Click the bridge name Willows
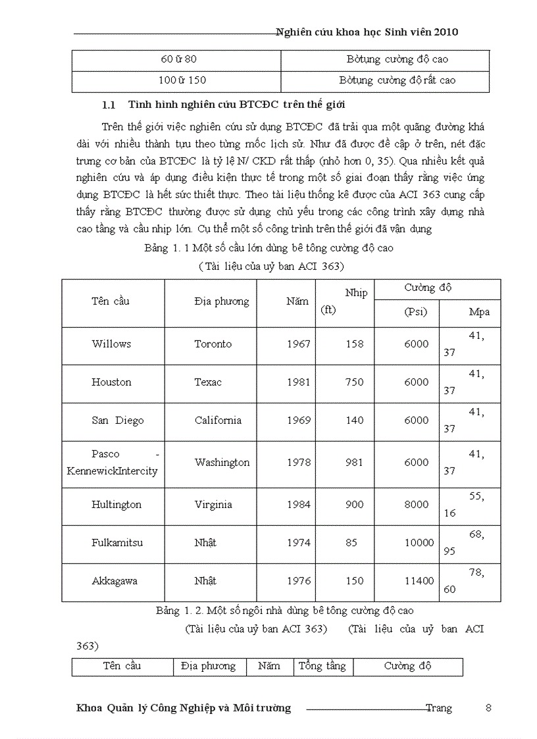click(x=111, y=344)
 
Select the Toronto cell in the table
click(x=213, y=344)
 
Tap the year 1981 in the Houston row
click(x=299, y=382)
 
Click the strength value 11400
click(x=419, y=581)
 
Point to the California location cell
click(x=218, y=420)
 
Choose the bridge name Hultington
click(x=116, y=505)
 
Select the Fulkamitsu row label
click(x=117, y=543)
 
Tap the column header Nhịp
click(x=356, y=293)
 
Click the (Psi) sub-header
click(x=415, y=312)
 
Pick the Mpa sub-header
click(x=479, y=312)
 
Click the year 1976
click(x=299, y=581)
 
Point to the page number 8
click(x=488, y=708)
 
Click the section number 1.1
click(x=109, y=105)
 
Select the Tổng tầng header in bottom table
click(x=322, y=666)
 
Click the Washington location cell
click(x=222, y=463)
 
